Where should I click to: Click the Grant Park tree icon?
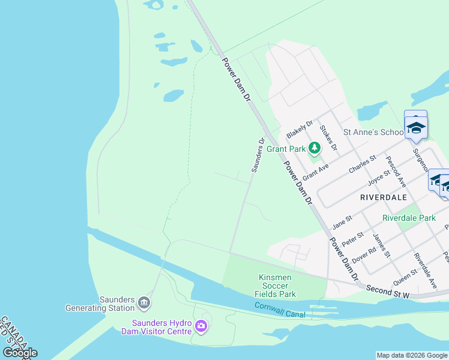coord(315,148)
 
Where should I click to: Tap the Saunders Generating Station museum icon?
coord(144,302)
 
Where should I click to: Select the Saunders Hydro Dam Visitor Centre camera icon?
coord(201,327)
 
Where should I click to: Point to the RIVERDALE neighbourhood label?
coord(383,197)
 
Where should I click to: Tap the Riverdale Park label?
coord(409,218)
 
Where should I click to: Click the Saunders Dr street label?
coord(258,155)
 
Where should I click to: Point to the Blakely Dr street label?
coord(300,129)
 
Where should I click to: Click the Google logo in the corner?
coord(20,352)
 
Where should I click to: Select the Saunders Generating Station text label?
coord(100,304)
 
